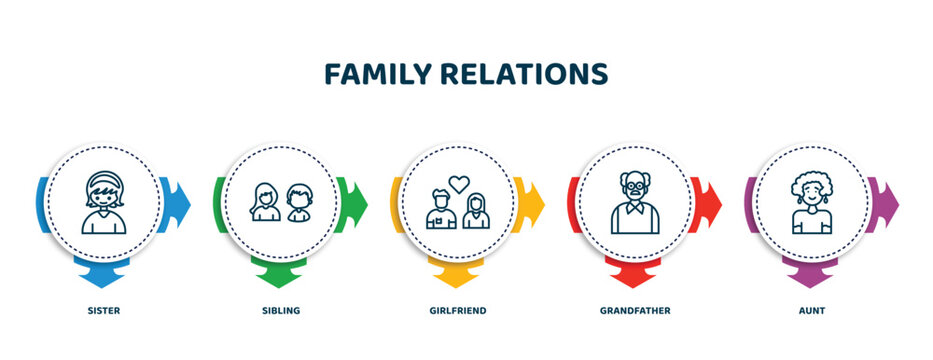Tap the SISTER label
(x=103, y=311)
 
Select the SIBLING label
(x=281, y=311)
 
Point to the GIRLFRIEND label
(x=458, y=311)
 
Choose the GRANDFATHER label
(x=635, y=311)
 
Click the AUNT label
(x=812, y=311)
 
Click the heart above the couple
(x=459, y=184)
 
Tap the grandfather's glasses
(x=635, y=188)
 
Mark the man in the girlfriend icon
(x=441, y=209)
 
